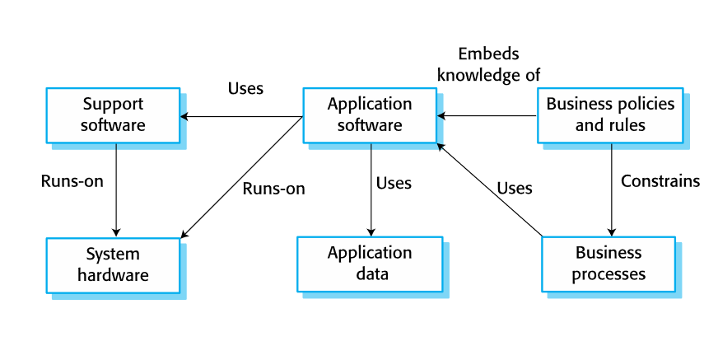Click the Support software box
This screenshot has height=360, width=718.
pos(113,115)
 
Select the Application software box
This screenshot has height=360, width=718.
pos(370,115)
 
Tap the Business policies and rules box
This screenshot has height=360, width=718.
pos(610,115)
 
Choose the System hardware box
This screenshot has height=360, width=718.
pos(113,264)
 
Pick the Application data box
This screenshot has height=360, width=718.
pos(370,264)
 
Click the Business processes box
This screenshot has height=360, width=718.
pos(608,264)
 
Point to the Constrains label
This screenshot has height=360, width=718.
pos(660,180)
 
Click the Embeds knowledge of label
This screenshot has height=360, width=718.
pos(488,64)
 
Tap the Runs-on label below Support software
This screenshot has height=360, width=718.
pos(72,180)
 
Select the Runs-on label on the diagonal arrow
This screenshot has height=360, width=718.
pos(273,188)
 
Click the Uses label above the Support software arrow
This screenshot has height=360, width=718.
pos(245,88)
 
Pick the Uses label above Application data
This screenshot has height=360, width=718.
pos(394,182)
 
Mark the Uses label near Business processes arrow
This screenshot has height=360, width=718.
pos(515,188)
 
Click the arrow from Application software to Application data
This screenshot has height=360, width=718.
pos(371,189)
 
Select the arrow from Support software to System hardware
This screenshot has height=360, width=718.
pos(116,189)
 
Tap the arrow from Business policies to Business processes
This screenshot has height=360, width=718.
pos(611,189)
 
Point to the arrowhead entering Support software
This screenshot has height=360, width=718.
pos(185,116)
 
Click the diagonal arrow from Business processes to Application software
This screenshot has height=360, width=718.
pos(490,190)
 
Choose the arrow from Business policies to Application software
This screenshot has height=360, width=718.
pos(487,116)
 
